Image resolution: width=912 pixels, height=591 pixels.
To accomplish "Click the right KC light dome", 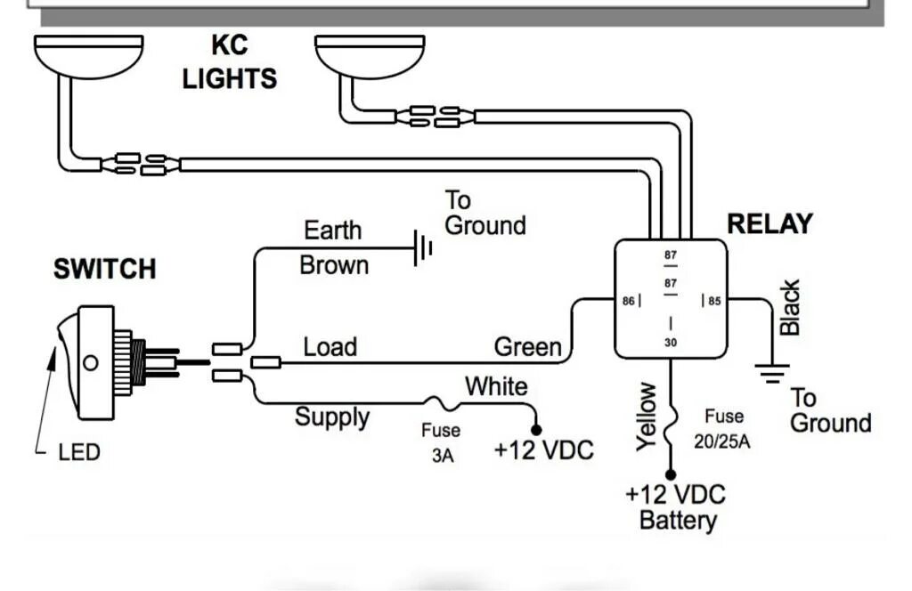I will tap(370, 55).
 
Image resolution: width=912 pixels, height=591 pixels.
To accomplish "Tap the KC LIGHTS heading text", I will tap(230, 62).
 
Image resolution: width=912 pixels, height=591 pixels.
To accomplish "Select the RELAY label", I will tap(769, 224).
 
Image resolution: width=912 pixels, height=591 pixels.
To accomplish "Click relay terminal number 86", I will tap(629, 302).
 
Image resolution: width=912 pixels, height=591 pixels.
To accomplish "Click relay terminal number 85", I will tap(714, 302).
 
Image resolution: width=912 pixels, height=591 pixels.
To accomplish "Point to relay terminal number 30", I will tap(671, 342).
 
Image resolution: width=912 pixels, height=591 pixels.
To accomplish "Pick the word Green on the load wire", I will tap(528, 346).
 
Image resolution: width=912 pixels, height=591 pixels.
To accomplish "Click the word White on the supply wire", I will tap(496, 387).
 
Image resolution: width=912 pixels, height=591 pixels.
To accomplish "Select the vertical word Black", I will tap(790, 307).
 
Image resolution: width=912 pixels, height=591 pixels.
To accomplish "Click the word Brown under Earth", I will tap(334, 265).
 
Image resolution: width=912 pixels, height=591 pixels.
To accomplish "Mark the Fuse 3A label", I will tap(441, 441).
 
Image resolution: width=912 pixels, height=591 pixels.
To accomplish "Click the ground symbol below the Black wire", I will tap(771, 371).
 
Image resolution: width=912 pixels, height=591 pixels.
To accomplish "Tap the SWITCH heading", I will tap(104, 269).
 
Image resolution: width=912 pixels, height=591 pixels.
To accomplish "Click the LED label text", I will tap(79, 453).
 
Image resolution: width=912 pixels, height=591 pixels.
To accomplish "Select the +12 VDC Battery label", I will tap(676, 507).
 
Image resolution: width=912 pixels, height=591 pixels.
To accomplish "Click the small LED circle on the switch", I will tap(90, 363).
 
